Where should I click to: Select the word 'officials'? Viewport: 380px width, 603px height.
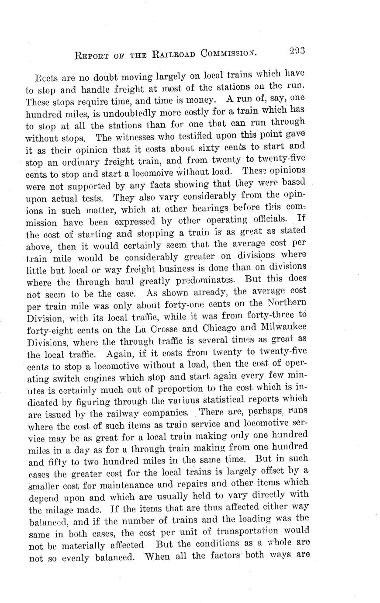(269, 218)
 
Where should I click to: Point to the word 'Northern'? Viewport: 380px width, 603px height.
(286, 302)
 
